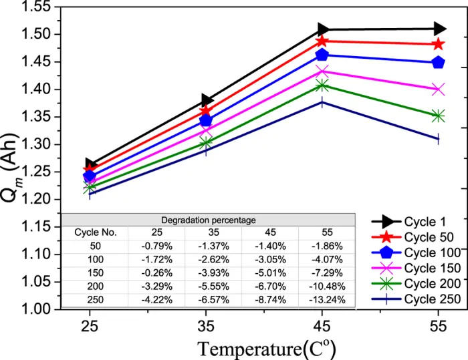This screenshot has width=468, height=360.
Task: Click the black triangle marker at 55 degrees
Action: [439, 29]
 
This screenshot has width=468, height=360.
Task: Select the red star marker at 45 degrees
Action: [323, 41]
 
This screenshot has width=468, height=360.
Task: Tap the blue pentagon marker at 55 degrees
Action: [439, 62]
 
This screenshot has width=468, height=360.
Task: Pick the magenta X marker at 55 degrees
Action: [439, 89]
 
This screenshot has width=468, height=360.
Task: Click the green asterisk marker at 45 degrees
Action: [323, 85]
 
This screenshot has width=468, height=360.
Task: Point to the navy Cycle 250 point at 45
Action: [323, 102]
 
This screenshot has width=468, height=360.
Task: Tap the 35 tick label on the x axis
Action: [205, 328]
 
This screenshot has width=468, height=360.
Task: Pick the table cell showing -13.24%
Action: [326, 300]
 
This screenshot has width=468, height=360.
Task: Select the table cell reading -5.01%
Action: [271, 273]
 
